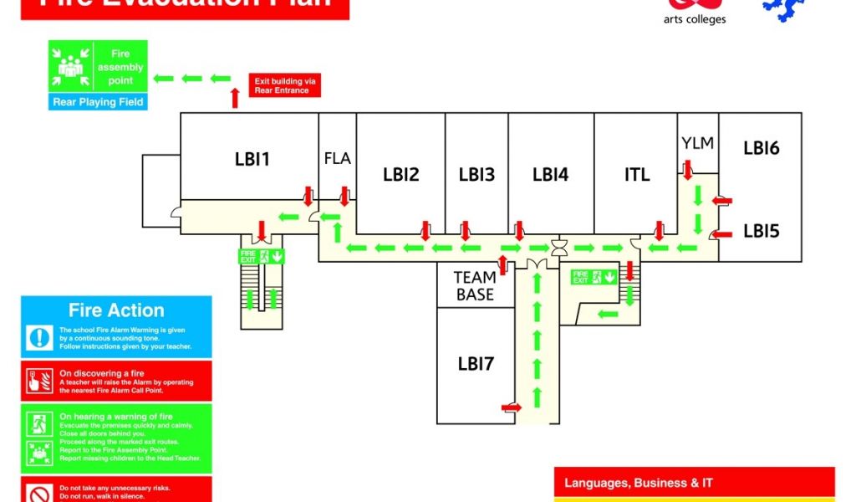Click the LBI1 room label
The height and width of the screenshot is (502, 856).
(252, 159)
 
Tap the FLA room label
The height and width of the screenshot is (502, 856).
(338, 158)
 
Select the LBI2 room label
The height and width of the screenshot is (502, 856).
(401, 175)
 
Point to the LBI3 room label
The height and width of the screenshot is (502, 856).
(476, 175)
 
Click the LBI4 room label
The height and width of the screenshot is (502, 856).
(551, 175)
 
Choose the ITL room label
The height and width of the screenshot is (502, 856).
(637, 175)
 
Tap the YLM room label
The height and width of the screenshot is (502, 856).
(698, 143)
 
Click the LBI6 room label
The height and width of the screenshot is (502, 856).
(762, 148)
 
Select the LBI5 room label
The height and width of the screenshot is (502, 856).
(762, 232)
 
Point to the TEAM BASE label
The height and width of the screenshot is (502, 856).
(475, 285)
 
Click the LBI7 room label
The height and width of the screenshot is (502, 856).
(476, 364)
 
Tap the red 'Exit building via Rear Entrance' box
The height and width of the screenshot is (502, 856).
(285, 85)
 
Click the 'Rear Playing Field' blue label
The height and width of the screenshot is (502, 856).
(99, 102)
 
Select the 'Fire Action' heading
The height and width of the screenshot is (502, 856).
(116, 310)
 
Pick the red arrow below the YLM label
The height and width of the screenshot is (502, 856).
(688, 171)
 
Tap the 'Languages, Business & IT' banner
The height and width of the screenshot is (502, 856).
(638, 483)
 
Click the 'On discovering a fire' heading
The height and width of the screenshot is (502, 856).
(102, 373)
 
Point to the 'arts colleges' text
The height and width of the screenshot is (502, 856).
(695, 19)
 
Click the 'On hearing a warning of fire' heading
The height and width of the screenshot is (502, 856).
(116, 417)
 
